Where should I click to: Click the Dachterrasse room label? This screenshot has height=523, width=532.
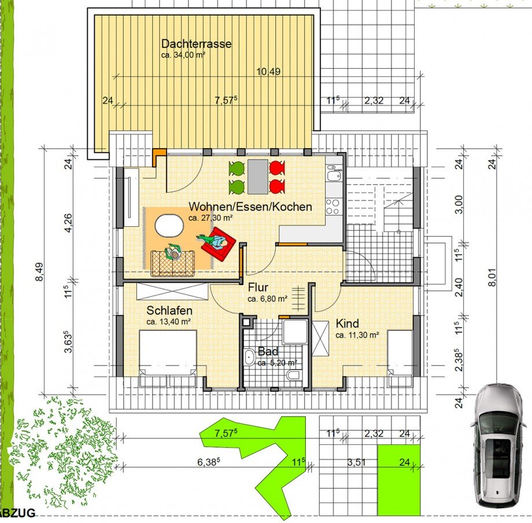pos(196,44)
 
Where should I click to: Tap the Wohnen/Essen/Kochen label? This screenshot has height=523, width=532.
pos(250,207)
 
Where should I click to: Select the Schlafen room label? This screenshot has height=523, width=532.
pos(169,311)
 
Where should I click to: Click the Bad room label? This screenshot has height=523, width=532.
pos(268,351)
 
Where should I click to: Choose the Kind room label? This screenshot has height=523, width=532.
pos(347,323)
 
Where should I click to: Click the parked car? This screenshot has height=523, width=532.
pos(498,444)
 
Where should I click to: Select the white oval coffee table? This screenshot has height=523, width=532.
pos(170,226)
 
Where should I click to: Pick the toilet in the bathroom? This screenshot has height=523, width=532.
pos(293,375)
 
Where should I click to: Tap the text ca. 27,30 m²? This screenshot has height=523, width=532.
pos(210,218)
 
